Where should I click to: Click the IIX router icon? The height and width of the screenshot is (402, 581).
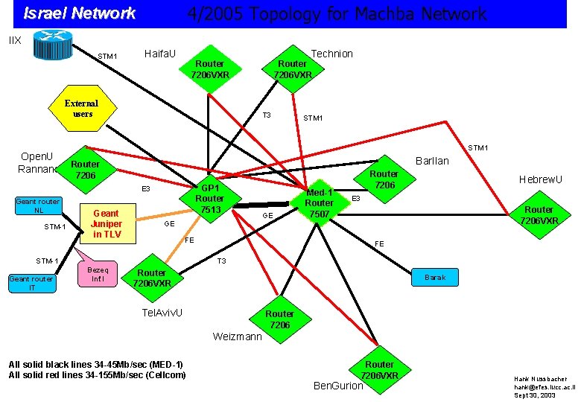[50, 45]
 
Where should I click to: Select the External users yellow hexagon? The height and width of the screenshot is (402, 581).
[83, 109]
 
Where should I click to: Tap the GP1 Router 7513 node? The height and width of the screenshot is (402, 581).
[209, 199]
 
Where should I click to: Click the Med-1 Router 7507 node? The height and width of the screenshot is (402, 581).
[320, 202]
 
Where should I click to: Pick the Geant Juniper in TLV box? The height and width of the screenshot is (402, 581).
[106, 224]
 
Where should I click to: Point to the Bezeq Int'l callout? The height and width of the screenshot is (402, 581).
[98, 274]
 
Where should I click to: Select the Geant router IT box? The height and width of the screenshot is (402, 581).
[31, 284]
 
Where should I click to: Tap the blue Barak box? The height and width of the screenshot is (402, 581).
[435, 278]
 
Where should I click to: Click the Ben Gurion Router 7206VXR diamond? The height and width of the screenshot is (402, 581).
[379, 369]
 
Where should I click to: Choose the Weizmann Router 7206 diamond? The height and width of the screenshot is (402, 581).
[280, 319]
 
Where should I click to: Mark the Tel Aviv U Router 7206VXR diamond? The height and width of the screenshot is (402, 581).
[152, 278]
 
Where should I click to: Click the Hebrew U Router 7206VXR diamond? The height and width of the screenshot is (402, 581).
[539, 215]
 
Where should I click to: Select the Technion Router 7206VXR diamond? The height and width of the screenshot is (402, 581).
[292, 69]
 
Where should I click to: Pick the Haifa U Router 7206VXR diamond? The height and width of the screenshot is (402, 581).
[209, 69]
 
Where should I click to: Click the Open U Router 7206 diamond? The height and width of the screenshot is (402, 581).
[85, 169]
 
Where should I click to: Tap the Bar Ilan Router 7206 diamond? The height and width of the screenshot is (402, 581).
[384, 179]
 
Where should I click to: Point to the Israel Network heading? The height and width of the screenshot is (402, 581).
[80, 13]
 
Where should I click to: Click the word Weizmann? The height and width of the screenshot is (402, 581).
[237, 336]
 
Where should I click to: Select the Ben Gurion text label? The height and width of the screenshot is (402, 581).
[339, 386]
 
